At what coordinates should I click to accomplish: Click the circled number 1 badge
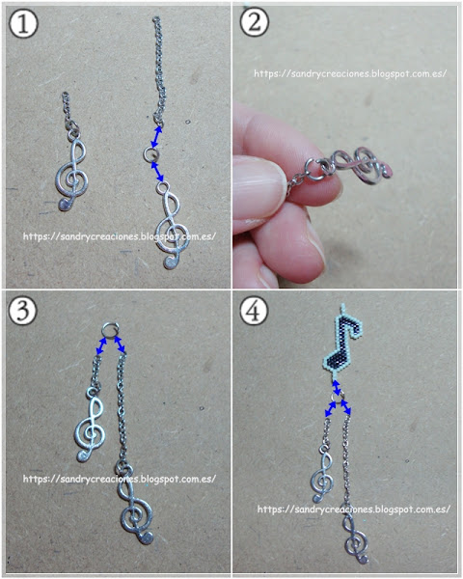(x=23, y=23)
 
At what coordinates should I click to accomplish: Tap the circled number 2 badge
(x=255, y=22)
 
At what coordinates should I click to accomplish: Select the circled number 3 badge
(x=23, y=310)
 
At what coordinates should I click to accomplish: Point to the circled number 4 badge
(x=254, y=311)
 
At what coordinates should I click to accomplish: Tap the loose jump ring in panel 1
(x=151, y=153)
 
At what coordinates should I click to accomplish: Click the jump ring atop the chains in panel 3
(x=110, y=330)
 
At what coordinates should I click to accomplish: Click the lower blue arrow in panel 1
(x=157, y=171)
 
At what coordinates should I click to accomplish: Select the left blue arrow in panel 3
(x=101, y=346)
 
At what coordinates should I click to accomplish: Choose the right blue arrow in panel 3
(x=119, y=345)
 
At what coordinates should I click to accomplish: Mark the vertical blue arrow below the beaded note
(x=337, y=388)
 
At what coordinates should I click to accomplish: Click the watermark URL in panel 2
(x=350, y=73)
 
